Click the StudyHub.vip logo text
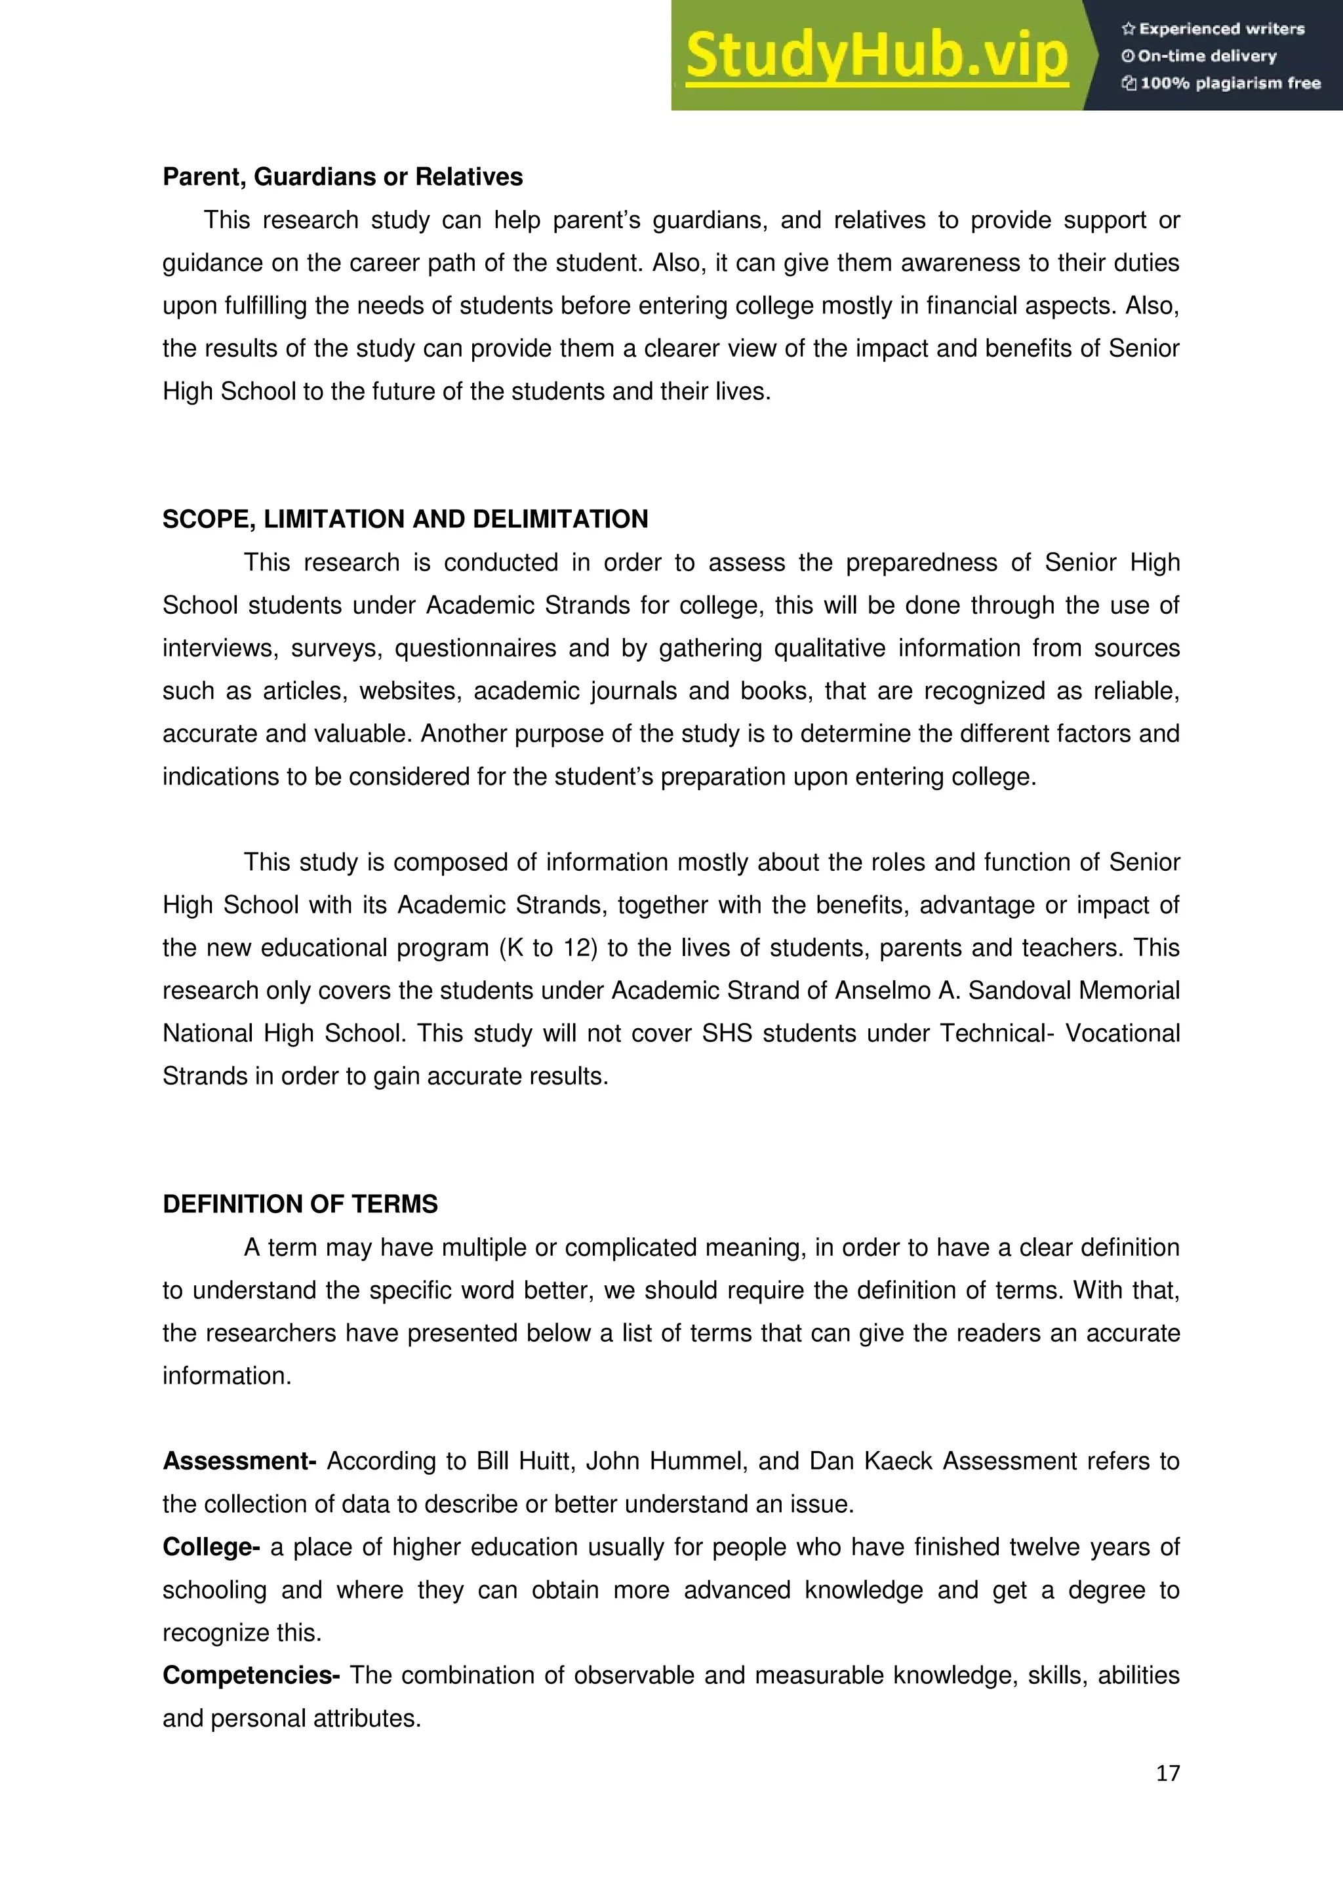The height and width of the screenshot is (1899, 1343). [x=877, y=56]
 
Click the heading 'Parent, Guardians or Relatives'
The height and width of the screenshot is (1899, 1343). [x=342, y=177]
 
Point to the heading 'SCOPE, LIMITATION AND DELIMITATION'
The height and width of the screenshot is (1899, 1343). [x=405, y=519]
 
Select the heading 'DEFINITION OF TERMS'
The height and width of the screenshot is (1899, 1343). [x=300, y=1204]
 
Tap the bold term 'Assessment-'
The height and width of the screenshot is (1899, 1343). [x=239, y=1462]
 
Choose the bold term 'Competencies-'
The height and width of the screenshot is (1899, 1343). [x=251, y=1675]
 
